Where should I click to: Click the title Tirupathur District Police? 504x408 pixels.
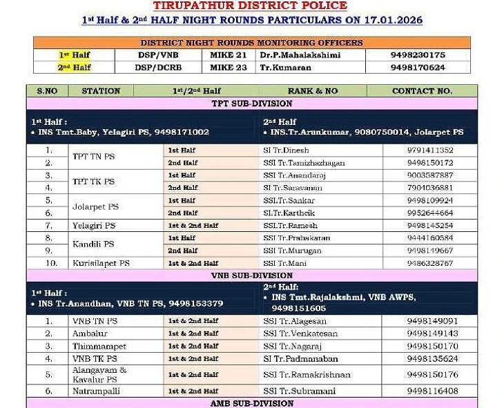click(251, 6)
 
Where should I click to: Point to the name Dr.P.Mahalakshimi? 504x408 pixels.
click(300, 55)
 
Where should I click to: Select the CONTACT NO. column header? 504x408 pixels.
click(422, 90)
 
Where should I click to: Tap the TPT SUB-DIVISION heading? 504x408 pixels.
click(251, 104)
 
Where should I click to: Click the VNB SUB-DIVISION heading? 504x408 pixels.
click(251, 275)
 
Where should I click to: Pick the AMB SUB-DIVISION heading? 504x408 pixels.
click(251, 403)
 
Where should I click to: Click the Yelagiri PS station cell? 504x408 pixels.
click(94, 226)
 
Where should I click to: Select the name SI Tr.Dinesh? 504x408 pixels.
click(287, 150)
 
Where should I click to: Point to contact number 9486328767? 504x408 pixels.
click(430, 263)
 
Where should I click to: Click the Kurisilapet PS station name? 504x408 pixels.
click(101, 263)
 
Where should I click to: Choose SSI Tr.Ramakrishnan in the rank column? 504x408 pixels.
click(307, 375)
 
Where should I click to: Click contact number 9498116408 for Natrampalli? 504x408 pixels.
click(432, 391)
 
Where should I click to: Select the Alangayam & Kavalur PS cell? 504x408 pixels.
click(99, 375)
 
